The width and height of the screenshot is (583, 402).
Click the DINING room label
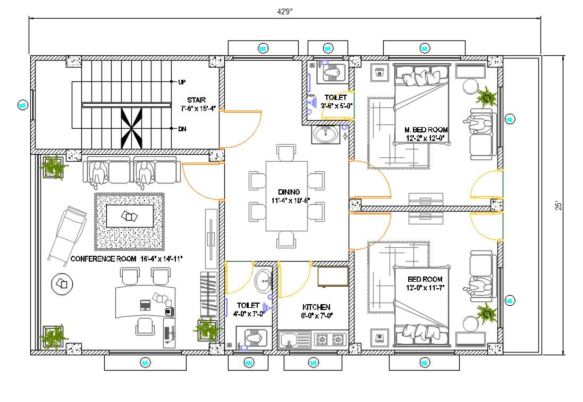click(x=289, y=192)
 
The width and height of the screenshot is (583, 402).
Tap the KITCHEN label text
click(x=316, y=307)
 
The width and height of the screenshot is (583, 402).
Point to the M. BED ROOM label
click(x=426, y=130)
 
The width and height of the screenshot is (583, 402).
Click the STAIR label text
click(x=196, y=100)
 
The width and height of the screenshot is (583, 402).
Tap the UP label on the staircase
click(x=182, y=82)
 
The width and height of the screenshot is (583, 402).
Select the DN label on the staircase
click(x=182, y=129)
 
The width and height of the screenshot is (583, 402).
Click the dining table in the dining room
click(x=287, y=196)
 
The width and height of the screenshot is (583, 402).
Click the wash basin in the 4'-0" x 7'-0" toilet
click(x=263, y=281)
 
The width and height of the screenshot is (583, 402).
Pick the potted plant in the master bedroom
click(x=485, y=97)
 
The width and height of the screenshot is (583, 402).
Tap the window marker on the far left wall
click(x=22, y=105)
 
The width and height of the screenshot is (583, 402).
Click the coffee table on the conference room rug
click(x=130, y=216)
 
